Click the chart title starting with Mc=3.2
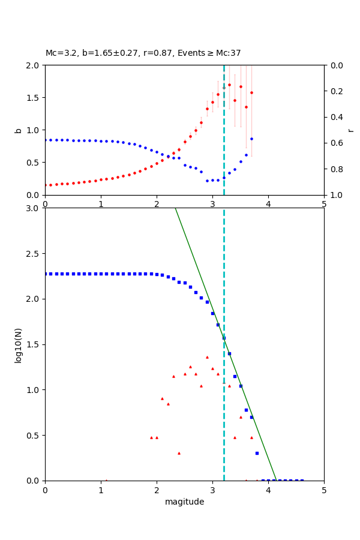click(x=143, y=53)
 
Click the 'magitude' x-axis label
click(x=184, y=502)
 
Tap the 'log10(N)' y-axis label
click(x=19, y=344)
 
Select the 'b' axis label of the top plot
click(x=19, y=130)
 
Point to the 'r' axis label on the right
click(x=350, y=130)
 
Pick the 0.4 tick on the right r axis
click(x=334, y=117)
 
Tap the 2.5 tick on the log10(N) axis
click(x=35, y=254)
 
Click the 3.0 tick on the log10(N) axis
click(x=35, y=208)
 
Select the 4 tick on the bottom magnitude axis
click(x=268, y=490)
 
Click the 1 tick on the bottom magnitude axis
click(x=101, y=490)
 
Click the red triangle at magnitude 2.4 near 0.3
click(x=179, y=453)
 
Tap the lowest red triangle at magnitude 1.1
click(x=106, y=480)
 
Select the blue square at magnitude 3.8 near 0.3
click(x=257, y=453)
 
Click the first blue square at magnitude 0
click(x=46, y=274)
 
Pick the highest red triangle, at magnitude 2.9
click(x=207, y=357)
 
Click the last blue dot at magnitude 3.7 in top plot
click(x=251, y=139)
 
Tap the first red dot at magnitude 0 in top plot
click(x=46, y=185)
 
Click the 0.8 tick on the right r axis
click(x=334, y=169)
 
